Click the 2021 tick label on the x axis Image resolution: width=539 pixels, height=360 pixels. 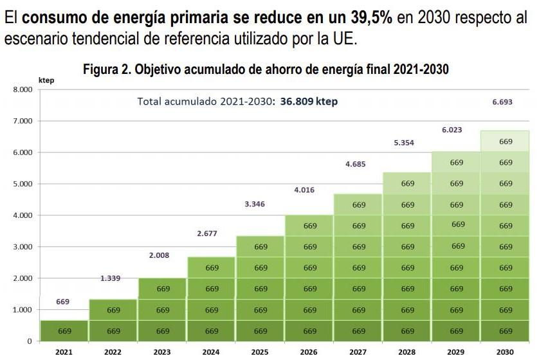[x=64, y=352]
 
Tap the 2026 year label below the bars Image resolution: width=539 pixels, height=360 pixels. [x=309, y=352]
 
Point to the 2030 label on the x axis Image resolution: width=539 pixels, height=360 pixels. [x=506, y=352]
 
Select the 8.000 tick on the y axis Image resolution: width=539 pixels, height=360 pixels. [x=23, y=89]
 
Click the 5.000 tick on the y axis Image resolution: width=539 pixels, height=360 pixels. [x=23, y=184]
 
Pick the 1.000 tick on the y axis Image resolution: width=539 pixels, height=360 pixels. [x=23, y=310]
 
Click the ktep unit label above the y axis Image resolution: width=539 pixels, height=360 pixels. [x=46, y=80]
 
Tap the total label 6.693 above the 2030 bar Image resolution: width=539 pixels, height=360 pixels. [x=502, y=102]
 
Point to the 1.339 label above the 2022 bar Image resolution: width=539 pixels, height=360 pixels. [x=111, y=278]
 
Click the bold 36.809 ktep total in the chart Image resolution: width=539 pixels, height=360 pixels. [x=309, y=102]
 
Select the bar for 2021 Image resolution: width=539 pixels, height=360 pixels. [x=64, y=330]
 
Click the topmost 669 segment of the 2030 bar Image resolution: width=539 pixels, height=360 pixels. [x=506, y=141]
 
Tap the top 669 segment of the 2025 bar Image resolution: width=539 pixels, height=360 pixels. [x=260, y=247]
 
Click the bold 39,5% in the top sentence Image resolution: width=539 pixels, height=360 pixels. [x=362, y=17]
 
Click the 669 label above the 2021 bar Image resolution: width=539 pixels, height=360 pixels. [x=63, y=301]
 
